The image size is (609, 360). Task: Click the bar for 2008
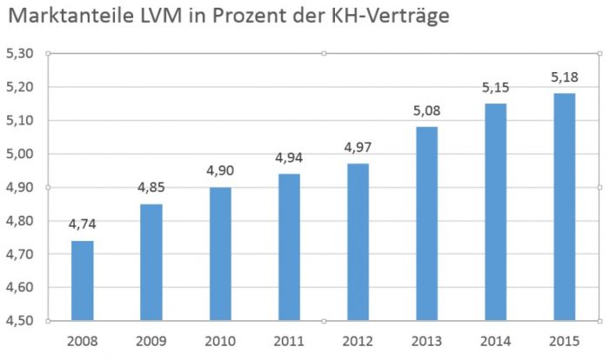(x=82, y=280)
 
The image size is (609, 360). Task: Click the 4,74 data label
(x=82, y=224)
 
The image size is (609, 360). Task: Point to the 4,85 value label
(x=151, y=188)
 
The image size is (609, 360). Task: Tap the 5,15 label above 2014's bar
(x=494, y=87)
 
